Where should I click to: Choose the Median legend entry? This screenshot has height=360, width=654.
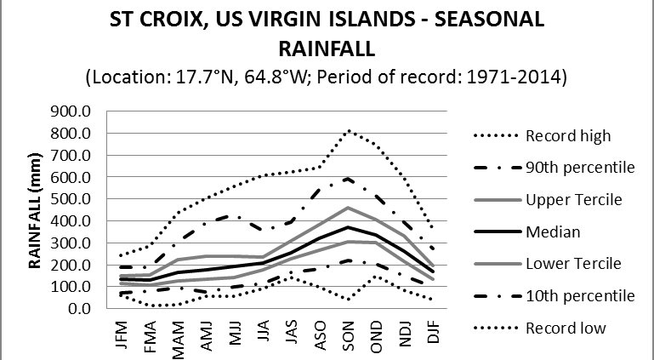click(552, 231)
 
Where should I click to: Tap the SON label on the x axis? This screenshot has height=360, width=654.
click(349, 333)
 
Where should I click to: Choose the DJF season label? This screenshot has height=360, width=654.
click(433, 333)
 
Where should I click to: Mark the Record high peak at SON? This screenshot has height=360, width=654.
click(349, 131)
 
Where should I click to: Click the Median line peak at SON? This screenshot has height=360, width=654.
click(349, 227)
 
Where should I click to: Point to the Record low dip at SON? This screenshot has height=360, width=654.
click(349, 299)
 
